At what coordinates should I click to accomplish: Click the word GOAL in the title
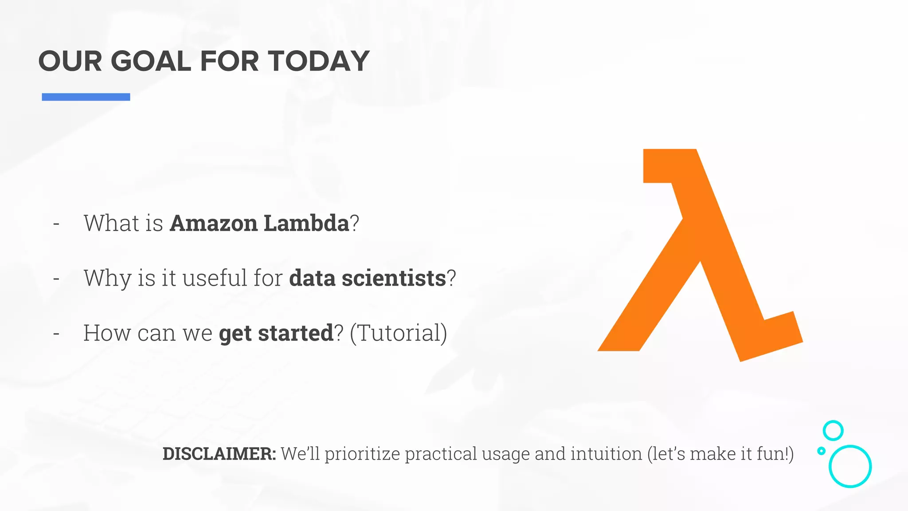coord(151,61)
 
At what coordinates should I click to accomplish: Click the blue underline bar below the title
coord(86,97)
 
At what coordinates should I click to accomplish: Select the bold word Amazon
coord(213,223)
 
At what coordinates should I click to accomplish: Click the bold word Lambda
coord(306,223)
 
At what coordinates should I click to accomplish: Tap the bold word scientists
coord(393,278)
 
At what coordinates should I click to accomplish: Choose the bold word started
coord(295,333)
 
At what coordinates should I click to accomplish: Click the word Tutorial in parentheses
coord(399,333)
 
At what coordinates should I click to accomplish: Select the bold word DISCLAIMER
coord(219,454)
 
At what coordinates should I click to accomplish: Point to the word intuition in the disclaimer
coord(606,454)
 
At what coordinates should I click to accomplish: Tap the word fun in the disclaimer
coord(771,454)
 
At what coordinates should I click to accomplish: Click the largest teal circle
coord(850,466)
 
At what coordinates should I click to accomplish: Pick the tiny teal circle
coord(821,451)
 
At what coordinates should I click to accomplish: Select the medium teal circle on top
coord(833,430)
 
